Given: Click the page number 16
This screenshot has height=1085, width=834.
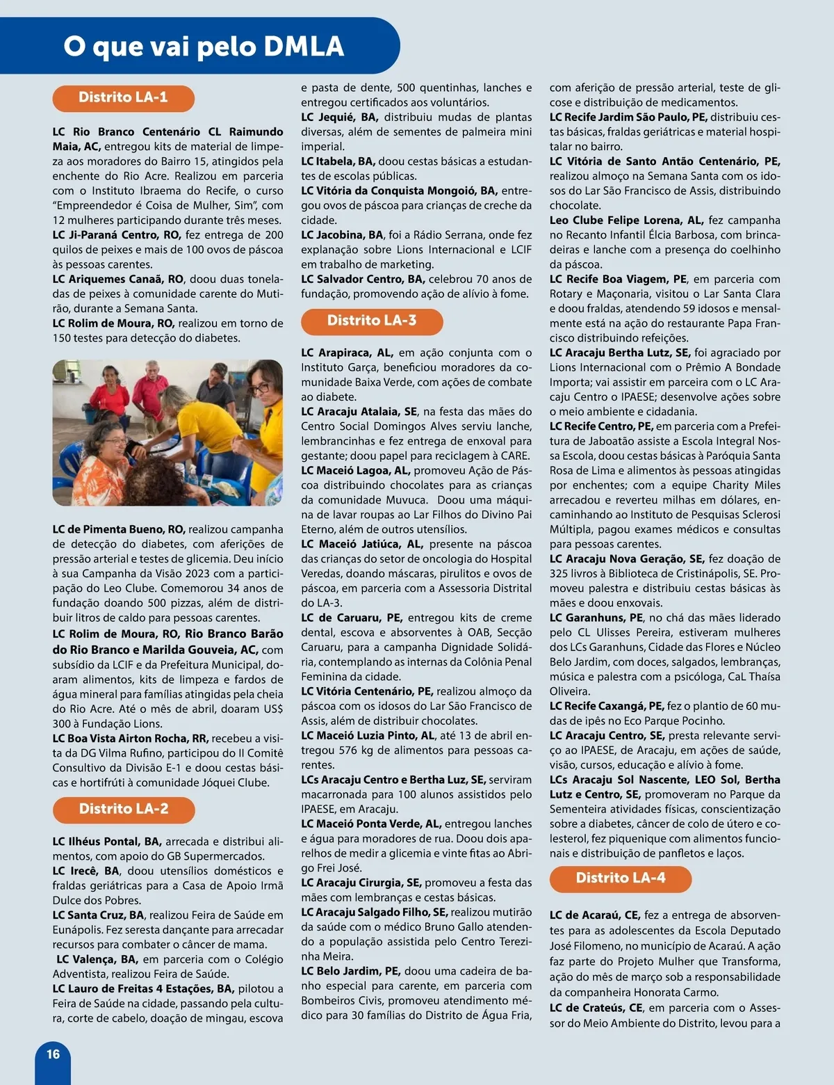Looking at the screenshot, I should tap(54, 1054).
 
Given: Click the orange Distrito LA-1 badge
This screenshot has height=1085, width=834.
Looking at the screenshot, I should tap(123, 97).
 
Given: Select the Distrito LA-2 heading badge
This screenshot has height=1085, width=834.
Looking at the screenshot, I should tap(124, 809).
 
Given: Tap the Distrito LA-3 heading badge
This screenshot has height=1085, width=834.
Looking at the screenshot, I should tap(372, 321).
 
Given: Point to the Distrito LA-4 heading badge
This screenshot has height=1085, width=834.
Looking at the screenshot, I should tap(621, 878).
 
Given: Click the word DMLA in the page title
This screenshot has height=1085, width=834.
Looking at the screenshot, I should tap(304, 47).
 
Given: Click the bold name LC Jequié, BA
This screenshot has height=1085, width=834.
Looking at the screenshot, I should tap(339, 118).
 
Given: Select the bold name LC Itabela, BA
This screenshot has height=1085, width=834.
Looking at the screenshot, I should tap(338, 161).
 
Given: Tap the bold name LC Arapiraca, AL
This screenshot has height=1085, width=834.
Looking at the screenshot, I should tap(347, 353).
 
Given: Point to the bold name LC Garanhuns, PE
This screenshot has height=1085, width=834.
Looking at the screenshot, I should tap(596, 618).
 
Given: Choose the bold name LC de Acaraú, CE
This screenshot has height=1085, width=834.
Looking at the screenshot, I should tap(595, 915).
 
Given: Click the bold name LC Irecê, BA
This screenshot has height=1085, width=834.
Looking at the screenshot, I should tap(85, 871).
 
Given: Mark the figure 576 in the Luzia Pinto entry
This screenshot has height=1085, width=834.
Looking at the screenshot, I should tap(347, 750).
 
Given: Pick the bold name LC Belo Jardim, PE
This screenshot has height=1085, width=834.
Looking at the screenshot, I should tap(350, 971).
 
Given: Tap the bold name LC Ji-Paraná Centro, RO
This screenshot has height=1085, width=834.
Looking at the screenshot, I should tap(116, 235).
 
